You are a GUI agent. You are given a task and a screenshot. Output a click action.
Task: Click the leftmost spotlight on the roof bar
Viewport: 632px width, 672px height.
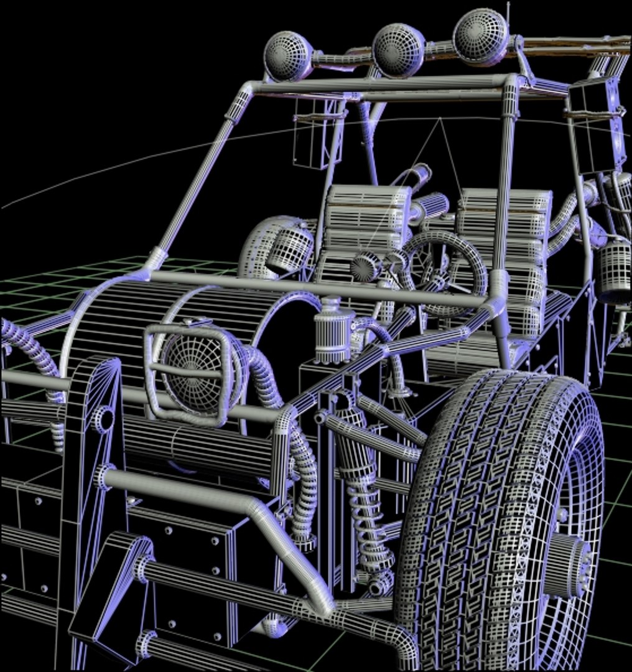tap(287, 56)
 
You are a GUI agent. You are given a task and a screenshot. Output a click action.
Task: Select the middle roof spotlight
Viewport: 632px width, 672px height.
tap(399, 50)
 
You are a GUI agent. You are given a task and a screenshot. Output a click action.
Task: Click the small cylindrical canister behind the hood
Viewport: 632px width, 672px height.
tap(333, 333)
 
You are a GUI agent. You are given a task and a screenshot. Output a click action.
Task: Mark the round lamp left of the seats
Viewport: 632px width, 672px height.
tap(289, 249)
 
